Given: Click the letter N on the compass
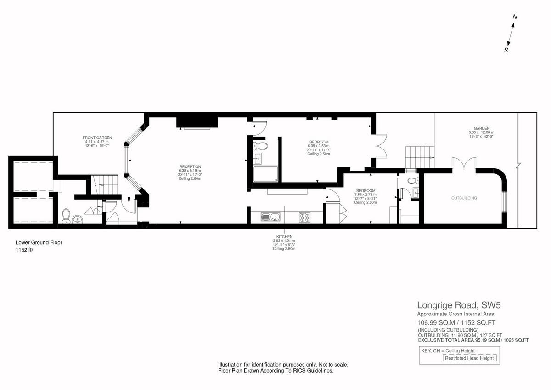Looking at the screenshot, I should (x=515, y=17).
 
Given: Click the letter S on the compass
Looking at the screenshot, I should (x=506, y=51).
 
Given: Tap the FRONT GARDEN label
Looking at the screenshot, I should (x=97, y=138).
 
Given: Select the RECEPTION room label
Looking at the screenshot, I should (x=190, y=167).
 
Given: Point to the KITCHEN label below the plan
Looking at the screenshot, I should (x=284, y=236).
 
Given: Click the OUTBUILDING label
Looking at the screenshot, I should (x=464, y=198).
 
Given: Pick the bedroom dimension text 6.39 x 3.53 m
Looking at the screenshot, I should (x=319, y=146).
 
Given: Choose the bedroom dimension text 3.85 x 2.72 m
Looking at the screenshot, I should (x=366, y=195).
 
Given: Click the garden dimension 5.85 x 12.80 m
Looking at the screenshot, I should (x=482, y=132).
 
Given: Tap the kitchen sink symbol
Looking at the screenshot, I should (x=268, y=217).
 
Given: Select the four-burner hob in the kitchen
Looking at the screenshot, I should (x=304, y=217).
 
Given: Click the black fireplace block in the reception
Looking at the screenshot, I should (x=197, y=122).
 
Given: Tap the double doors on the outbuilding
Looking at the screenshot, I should (x=462, y=164).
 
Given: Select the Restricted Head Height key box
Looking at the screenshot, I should (x=469, y=358).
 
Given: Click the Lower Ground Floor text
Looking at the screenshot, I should (x=39, y=242).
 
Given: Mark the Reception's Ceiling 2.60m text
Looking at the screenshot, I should (x=190, y=178).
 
